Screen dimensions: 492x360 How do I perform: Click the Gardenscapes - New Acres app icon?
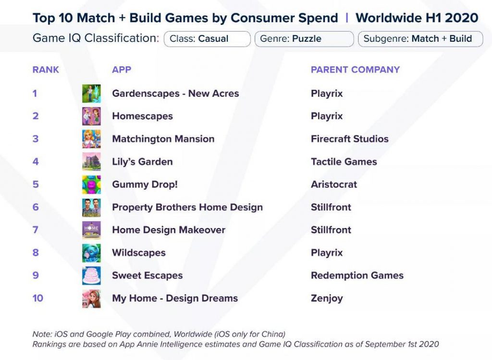click(91, 94)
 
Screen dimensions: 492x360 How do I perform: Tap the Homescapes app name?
click(142, 116)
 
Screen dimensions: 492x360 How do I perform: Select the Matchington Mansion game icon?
click(91, 139)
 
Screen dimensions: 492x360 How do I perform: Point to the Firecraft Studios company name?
click(350, 139)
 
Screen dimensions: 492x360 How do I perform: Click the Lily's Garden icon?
click(91, 162)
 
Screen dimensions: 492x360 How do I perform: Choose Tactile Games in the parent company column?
click(344, 162)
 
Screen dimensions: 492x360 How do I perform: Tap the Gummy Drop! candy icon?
click(91, 184)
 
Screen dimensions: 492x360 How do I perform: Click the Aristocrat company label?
click(334, 184)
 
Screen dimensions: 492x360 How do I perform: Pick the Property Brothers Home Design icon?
click(91, 207)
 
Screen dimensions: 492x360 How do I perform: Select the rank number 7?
click(36, 230)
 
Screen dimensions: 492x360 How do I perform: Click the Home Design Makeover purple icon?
click(91, 230)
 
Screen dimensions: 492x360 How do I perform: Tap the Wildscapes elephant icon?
click(91, 253)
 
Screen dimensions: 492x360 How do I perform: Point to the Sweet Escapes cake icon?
click(91, 276)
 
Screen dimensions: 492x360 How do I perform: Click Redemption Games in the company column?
click(357, 276)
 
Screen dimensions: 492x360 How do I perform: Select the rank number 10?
click(37, 298)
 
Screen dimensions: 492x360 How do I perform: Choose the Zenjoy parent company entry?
click(327, 299)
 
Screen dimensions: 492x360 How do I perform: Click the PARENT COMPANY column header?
click(355, 70)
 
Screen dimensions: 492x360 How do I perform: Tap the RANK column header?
click(46, 70)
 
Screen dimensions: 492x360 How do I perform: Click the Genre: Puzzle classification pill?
click(304, 39)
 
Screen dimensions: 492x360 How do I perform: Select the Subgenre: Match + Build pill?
click(420, 39)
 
